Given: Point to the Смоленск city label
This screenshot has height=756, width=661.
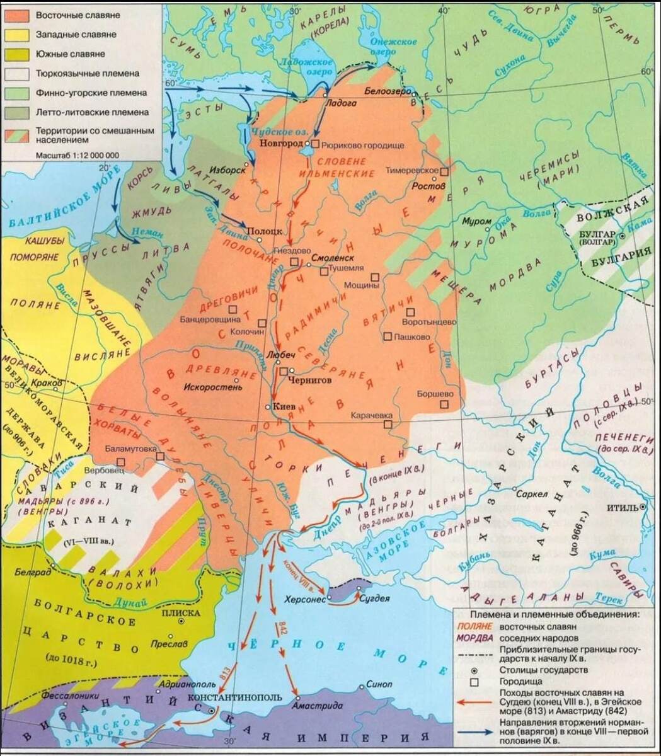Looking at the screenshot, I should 332,258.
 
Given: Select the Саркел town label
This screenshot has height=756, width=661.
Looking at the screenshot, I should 531,495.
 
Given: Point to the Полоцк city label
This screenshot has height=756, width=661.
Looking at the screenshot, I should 265,231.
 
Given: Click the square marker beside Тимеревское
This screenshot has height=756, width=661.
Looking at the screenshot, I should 444,171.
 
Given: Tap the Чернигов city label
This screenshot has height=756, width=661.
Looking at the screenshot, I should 309,381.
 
